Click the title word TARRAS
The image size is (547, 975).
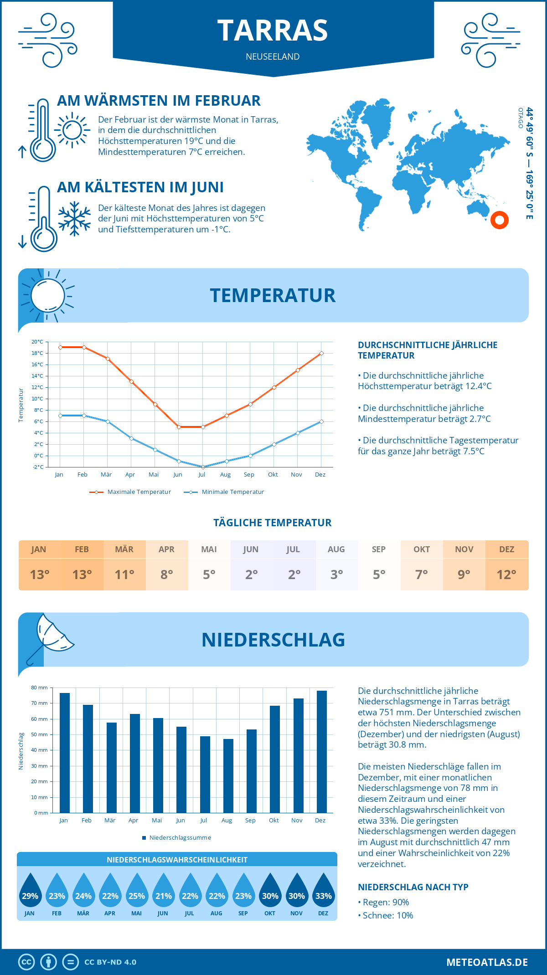coord(273,31)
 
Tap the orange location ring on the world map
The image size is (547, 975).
coord(500,220)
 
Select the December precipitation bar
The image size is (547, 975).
coord(322,752)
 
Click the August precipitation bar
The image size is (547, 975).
coord(228,776)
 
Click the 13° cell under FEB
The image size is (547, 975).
coord(82,575)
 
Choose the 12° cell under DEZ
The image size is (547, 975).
coord(506,575)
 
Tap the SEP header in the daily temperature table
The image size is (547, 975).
coord(379,549)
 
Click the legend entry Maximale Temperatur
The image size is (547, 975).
coord(130,492)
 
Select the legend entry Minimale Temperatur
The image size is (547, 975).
coord(224,492)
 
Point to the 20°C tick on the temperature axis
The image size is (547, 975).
coord(37,342)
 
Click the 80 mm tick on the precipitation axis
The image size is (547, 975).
coord(39,688)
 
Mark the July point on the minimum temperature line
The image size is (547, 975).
coord(203,467)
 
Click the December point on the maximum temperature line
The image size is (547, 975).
coord(321,353)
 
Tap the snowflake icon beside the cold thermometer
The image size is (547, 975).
coord(74,219)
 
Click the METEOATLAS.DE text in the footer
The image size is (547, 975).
coord(487,962)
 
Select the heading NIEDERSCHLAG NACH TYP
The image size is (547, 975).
coord(413,887)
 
